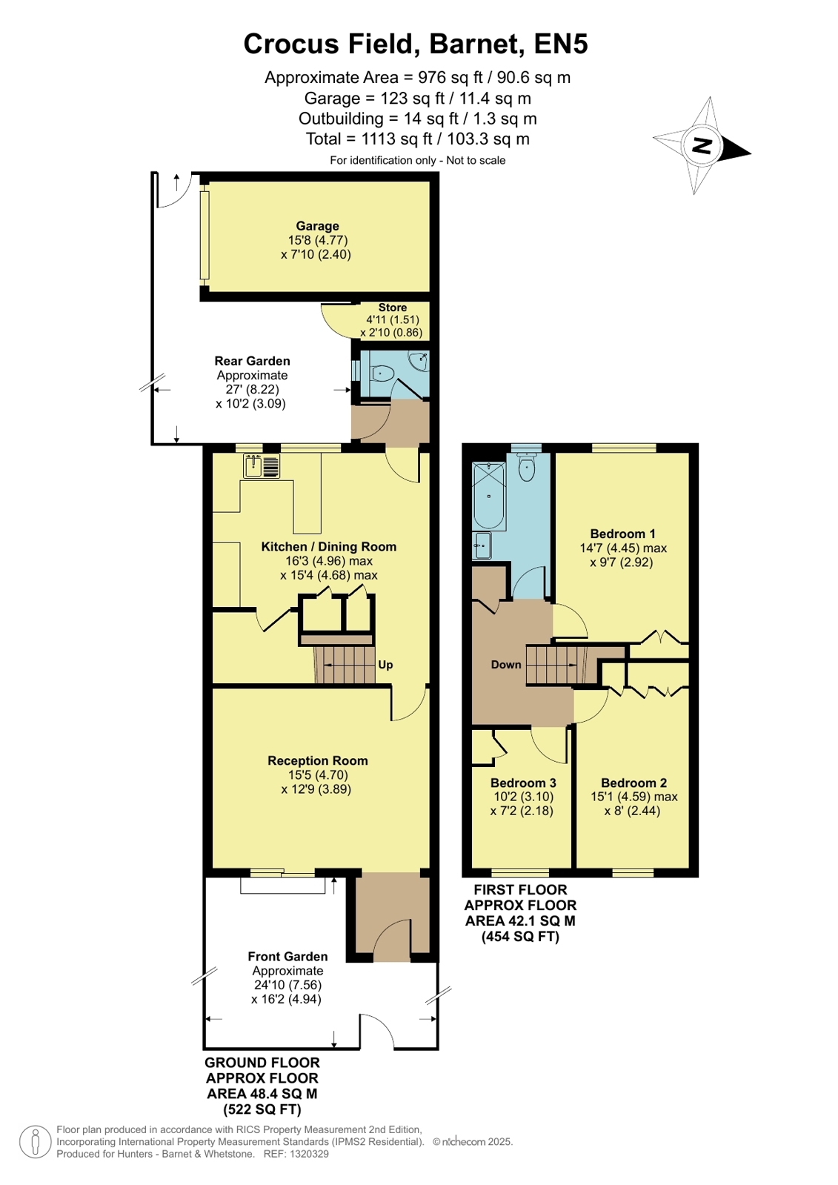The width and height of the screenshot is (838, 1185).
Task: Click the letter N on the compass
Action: click(702, 145)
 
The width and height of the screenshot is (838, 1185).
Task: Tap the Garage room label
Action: click(317, 226)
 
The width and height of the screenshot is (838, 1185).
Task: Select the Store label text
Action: click(393, 308)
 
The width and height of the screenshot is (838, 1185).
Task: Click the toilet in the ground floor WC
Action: click(382, 374)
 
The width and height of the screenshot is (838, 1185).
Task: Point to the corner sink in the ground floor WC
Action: click(419, 362)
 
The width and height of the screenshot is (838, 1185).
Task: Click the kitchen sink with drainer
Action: click(262, 466)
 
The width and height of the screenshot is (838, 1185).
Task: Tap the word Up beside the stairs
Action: click(385, 665)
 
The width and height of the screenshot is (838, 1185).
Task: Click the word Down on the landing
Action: click(506, 665)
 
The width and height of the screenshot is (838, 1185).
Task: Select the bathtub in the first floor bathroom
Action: click(488, 496)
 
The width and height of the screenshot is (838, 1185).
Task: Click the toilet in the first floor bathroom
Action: click(526, 467)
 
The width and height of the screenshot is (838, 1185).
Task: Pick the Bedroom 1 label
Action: click(618, 534)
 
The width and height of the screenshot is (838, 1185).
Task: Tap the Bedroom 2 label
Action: click(634, 783)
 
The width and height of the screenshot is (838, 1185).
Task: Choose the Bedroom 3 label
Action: click(523, 783)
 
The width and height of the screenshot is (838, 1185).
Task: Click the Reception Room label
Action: click(317, 760)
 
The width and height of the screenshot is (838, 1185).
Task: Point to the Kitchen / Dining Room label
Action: click(328, 546)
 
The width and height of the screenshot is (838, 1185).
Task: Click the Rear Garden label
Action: click(253, 361)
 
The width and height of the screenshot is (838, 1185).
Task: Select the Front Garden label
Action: click(287, 956)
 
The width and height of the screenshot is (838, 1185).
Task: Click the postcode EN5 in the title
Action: click(561, 44)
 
